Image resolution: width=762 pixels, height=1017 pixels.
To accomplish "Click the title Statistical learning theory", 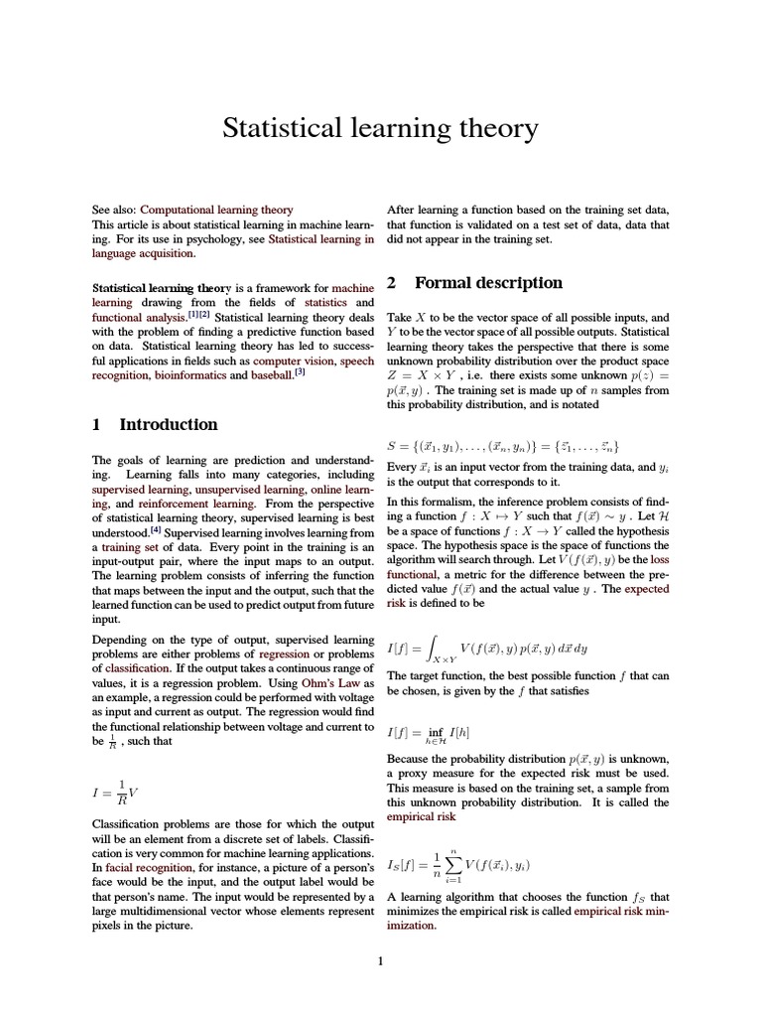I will (380, 129).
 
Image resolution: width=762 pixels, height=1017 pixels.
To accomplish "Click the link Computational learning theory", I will (216, 210).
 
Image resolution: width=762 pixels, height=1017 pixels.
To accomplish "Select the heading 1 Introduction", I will (154, 424).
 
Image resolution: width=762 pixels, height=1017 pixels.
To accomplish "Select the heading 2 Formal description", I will (474, 283).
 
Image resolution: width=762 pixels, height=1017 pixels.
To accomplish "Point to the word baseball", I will (271, 376).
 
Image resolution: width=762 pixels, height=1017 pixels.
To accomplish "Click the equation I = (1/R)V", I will (114, 792).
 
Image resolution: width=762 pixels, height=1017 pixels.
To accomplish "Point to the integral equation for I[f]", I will (486, 650).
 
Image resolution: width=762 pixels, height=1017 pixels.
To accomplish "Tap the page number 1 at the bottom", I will (380, 960).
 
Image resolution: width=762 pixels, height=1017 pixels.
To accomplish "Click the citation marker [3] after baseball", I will (300, 373).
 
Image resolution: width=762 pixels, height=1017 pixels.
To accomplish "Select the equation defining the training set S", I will (503, 446).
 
